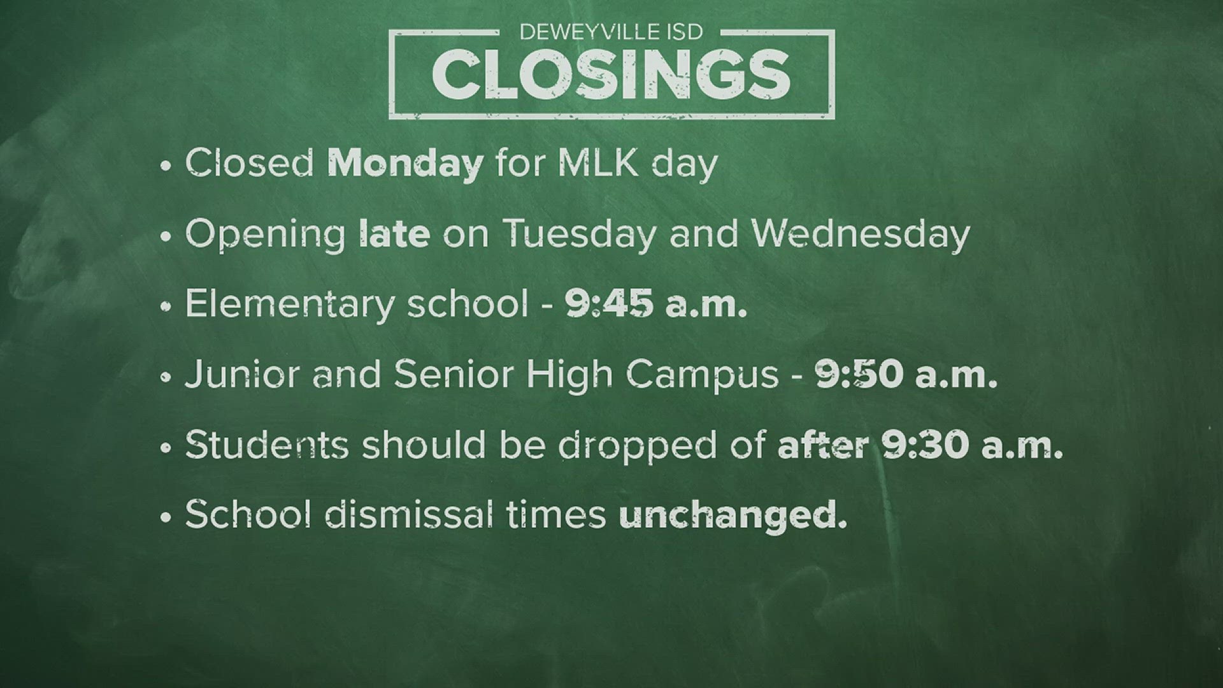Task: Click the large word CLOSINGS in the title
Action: pyautogui.click(x=611, y=75)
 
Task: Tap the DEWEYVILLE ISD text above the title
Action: pyautogui.click(x=611, y=31)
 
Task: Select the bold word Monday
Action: pyautogui.click(x=404, y=164)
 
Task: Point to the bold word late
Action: pyautogui.click(x=394, y=234)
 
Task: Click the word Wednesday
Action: pyautogui.click(x=861, y=234)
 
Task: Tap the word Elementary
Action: pyautogui.click(x=289, y=305)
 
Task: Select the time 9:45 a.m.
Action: pyautogui.click(x=655, y=305)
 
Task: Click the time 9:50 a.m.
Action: pyautogui.click(x=906, y=375)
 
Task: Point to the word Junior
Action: pyautogui.click(x=243, y=375)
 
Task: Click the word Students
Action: pyautogui.click(x=267, y=445)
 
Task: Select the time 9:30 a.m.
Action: pyautogui.click(x=973, y=445)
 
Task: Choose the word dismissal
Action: pyautogui.click(x=408, y=515)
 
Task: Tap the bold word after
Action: pyautogui.click(x=822, y=445)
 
